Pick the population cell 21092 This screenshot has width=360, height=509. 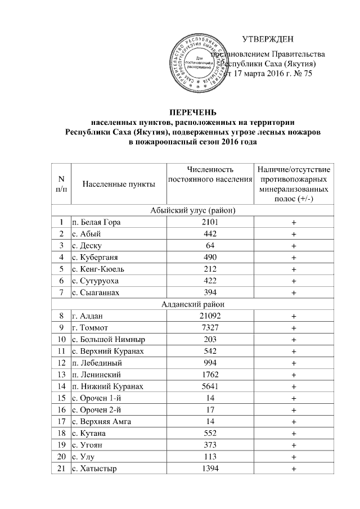click(x=209, y=316)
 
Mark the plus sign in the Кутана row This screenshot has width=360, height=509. click(x=293, y=435)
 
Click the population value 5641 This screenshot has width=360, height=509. click(x=209, y=387)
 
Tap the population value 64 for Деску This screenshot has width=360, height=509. click(x=209, y=246)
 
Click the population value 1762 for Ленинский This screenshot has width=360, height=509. click(x=209, y=375)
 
